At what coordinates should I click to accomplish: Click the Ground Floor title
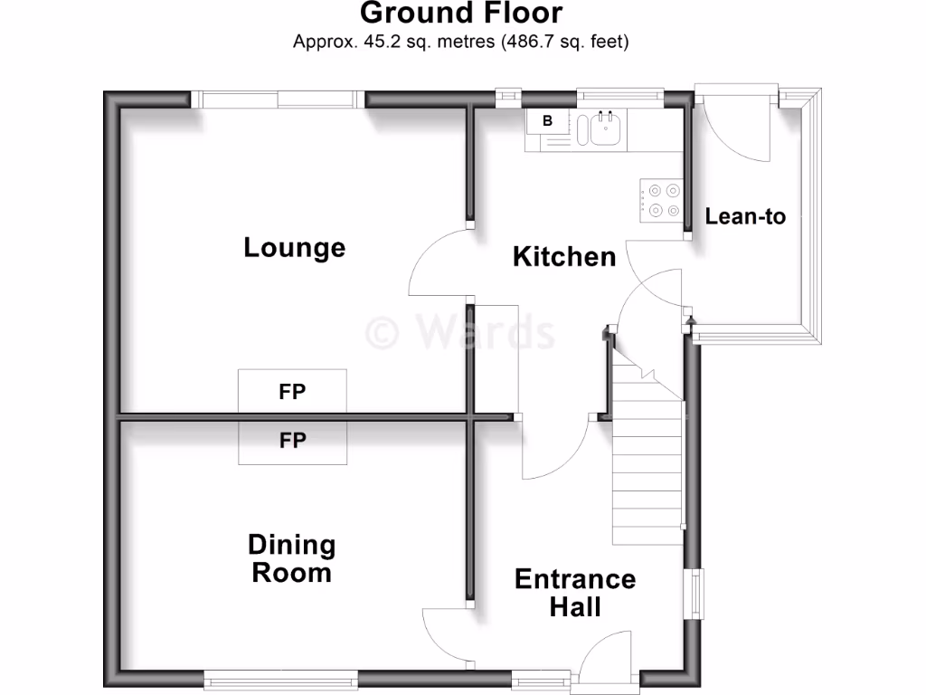pyautogui.click(x=461, y=14)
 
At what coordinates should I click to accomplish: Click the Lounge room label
pyautogui.click(x=294, y=247)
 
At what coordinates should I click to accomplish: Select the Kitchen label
pyautogui.click(x=564, y=256)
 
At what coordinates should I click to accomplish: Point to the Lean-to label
pyautogui.click(x=745, y=217)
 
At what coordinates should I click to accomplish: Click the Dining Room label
pyautogui.click(x=291, y=558)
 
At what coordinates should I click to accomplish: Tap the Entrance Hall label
pyautogui.click(x=575, y=593)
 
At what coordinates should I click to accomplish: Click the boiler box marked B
pyautogui.click(x=547, y=120)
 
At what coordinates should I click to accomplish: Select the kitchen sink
pyautogui.click(x=605, y=129)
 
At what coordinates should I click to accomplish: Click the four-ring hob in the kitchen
pyautogui.click(x=661, y=200)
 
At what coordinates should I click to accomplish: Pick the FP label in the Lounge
pyautogui.click(x=291, y=392)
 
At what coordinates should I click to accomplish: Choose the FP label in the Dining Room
pyautogui.click(x=291, y=441)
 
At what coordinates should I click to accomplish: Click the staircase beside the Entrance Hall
pyautogui.click(x=647, y=471)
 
